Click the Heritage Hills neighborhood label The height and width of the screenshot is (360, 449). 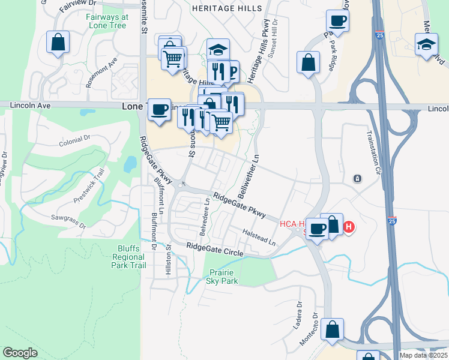pos(227,8)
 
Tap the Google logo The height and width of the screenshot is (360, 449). pos(20,353)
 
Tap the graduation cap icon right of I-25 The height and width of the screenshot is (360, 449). pos(426,44)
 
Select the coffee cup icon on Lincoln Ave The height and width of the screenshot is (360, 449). pos(160,109)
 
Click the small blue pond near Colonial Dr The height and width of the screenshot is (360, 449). pos(130,163)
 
